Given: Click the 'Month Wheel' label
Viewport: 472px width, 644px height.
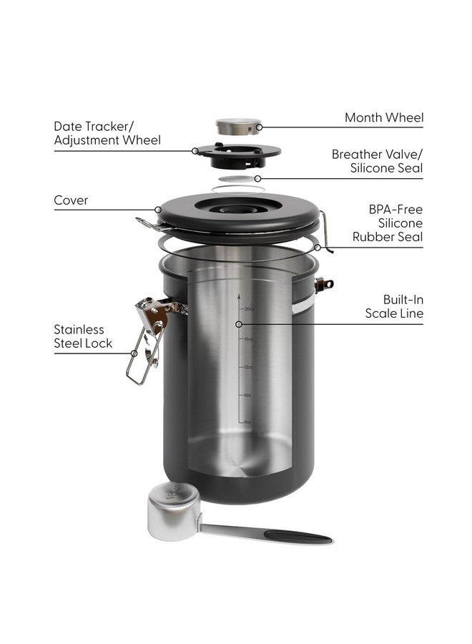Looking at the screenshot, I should click(383, 117).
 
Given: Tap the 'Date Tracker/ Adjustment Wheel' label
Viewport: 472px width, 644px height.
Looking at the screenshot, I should click(107, 133).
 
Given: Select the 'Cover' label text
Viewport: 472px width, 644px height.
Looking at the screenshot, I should click(72, 200).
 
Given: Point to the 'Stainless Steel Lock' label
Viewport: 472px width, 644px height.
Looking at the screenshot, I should click(83, 336).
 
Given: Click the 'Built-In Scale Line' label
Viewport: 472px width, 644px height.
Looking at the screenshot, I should click(394, 306).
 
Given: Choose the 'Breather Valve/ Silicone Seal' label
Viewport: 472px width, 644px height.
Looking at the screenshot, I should click(377, 162).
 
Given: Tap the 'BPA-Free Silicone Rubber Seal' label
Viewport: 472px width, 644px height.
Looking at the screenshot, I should click(393, 223).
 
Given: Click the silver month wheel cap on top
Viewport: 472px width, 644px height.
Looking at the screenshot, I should click(238, 127).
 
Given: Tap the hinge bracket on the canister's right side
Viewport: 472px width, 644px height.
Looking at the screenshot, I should click(326, 283).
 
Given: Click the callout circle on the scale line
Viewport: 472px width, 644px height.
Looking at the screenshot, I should click(240, 323).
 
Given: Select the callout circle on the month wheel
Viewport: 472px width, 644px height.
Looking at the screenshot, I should click(259, 127).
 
